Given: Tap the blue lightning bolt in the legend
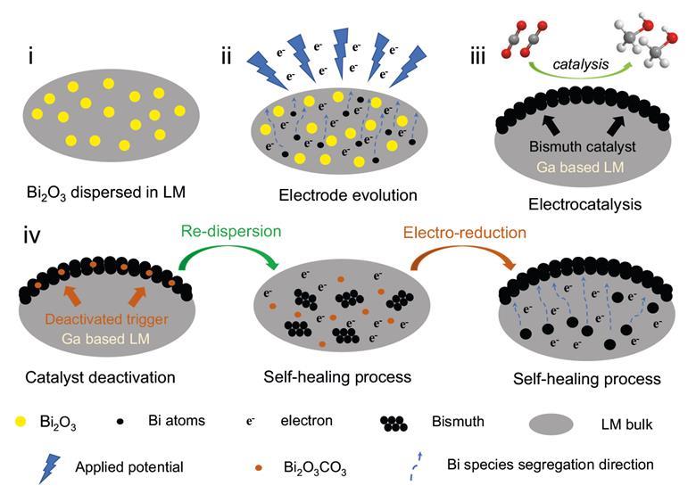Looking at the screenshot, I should pyautogui.click(x=47, y=465).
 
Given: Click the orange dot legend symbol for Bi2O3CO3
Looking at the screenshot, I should pyautogui.click(x=258, y=466).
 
